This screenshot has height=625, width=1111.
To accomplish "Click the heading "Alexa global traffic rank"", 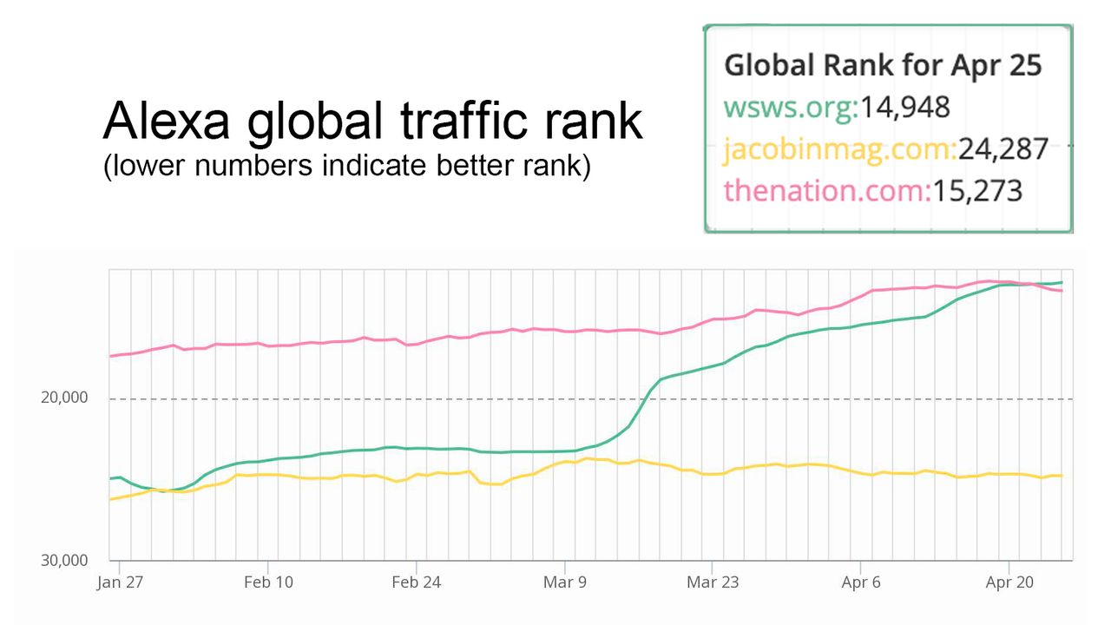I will click(x=373, y=122).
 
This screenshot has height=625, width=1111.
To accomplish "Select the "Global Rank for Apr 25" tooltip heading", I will click(x=883, y=65).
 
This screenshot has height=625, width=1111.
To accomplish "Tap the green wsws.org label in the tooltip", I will click(x=789, y=107).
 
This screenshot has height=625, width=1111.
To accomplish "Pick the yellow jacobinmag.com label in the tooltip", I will click(x=838, y=149).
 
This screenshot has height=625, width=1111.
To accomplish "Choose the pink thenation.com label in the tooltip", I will click(x=825, y=190).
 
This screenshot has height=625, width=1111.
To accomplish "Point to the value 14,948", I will click(x=904, y=107).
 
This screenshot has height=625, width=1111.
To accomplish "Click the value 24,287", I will click(x=1003, y=149).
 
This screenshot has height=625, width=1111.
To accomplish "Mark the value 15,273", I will click(x=977, y=190).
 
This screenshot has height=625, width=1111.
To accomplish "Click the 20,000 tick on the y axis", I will click(x=64, y=398).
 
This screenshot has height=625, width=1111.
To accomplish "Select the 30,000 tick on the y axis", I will click(x=64, y=560).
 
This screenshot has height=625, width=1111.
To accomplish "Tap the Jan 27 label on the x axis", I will click(x=119, y=582).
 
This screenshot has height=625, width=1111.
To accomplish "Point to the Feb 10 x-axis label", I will click(x=268, y=582).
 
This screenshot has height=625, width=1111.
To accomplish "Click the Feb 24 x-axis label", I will click(x=417, y=582).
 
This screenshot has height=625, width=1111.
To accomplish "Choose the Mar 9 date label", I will click(x=565, y=582).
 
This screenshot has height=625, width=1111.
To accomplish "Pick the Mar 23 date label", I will click(x=713, y=582).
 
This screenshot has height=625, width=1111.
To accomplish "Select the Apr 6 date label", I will click(x=861, y=582).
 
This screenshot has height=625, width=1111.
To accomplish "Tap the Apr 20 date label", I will click(x=1009, y=582).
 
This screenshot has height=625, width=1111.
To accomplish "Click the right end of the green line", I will click(x=1062, y=282).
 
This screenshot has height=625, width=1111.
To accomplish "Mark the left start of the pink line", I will click(x=110, y=356).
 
